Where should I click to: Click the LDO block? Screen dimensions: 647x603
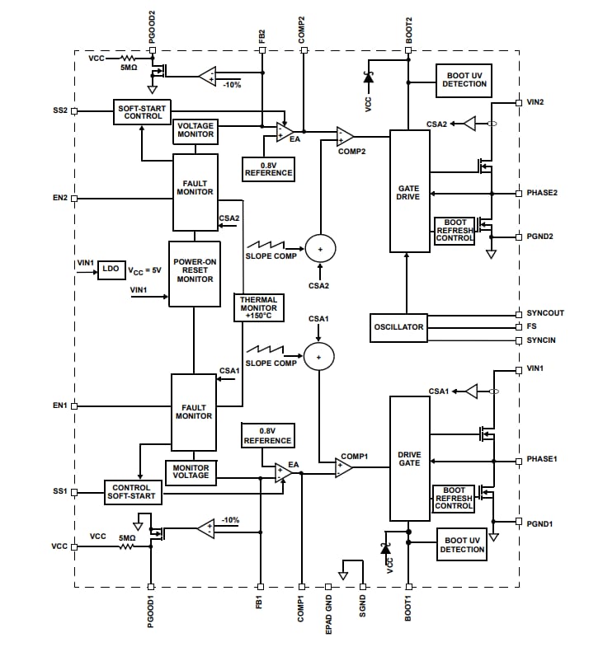(x=110, y=270)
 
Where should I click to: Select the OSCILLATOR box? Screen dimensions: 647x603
(x=399, y=327)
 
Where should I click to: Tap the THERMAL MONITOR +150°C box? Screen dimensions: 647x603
(x=258, y=308)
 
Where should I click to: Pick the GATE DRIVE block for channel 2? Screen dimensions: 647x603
(x=409, y=191)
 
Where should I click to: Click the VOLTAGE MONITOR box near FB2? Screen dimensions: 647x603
(x=195, y=131)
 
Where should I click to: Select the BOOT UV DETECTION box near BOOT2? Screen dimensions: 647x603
(x=464, y=79)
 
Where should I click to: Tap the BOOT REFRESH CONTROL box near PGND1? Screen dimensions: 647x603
(x=454, y=498)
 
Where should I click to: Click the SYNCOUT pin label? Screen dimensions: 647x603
(x=545, y=314)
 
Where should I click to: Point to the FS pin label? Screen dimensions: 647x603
(x=532, y=326)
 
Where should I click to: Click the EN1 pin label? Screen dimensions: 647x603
(x=60, y=406)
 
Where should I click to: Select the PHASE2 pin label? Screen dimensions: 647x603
(x=542, y=193)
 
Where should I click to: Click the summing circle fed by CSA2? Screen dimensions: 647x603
(x=320, y=246)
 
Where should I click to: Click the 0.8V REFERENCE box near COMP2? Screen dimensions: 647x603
(x=268, y=169)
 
